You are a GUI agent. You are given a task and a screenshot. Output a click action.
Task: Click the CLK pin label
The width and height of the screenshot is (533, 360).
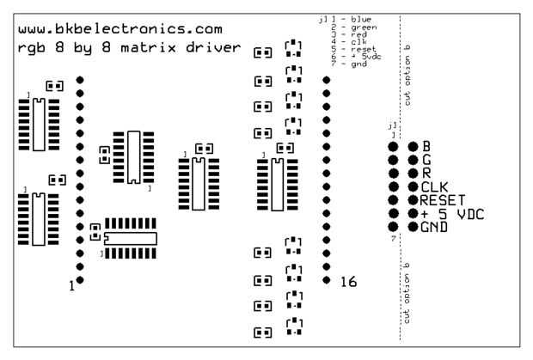[x=434, y=186]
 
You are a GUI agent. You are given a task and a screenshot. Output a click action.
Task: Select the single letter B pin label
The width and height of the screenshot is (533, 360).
[x=425, y=146]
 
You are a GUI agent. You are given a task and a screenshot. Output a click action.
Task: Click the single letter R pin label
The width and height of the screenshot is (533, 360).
[x=425, y=173]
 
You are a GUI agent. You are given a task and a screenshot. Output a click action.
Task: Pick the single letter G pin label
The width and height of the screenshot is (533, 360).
[x=425, y=159]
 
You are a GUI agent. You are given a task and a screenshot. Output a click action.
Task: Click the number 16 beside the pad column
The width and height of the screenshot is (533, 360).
[x=348, y=282]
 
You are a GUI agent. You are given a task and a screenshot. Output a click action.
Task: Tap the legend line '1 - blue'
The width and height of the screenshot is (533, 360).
[x=354, y=19]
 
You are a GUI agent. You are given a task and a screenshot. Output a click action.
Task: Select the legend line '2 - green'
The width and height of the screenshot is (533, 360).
[x=356, y=27]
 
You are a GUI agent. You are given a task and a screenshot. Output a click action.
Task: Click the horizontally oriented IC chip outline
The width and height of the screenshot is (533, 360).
[x=131, y=236]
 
